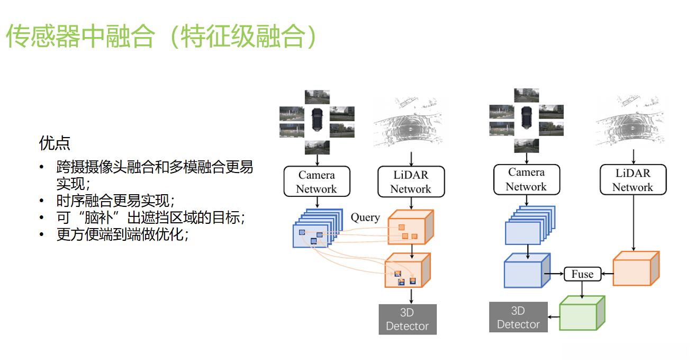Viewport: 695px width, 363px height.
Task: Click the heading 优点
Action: pos(55,143)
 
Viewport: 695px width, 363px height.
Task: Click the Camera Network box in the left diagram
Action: pos(317,181)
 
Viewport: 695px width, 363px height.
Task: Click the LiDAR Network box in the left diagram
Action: pos(410,181)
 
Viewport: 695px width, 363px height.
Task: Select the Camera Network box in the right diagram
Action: pos(526,179)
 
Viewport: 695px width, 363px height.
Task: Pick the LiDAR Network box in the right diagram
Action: pos(633,180)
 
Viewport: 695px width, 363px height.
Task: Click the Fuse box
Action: pos(582,274)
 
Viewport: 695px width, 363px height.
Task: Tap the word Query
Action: pos(365,217)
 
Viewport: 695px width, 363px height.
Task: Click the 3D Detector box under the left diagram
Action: pos(407,319)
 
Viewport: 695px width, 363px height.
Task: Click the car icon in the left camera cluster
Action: pos(317,119)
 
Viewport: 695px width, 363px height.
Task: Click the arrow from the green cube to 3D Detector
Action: pos(553,316)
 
